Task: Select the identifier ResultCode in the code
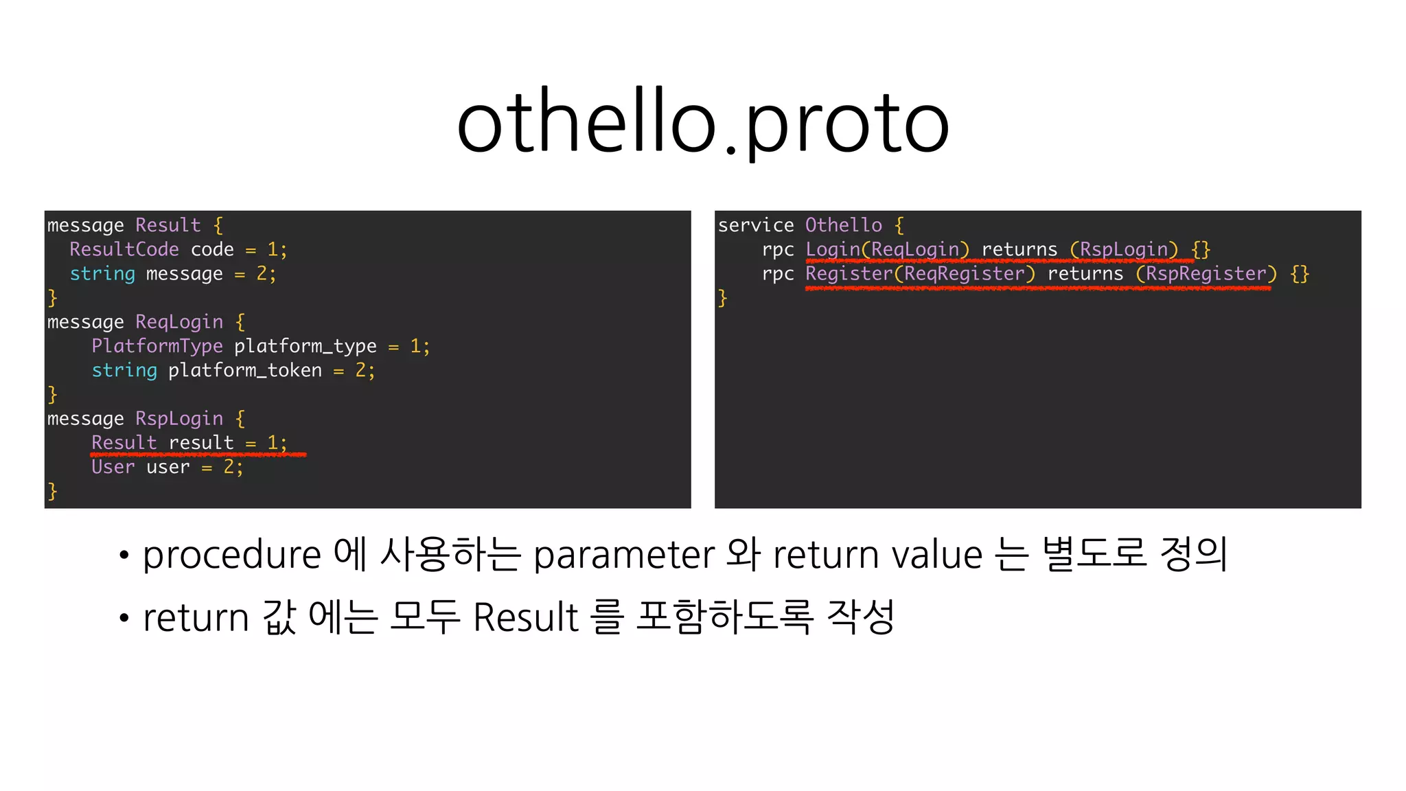coord(124,249)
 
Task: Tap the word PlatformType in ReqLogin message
coord(157,346)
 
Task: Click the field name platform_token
coord(245,371)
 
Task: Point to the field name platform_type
coord(306,346)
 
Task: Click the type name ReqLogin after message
coord(179,322)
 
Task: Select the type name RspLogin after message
coord(179,419)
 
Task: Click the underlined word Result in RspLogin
coord(124,443)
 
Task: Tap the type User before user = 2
coord(113,468)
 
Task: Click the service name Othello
coord(844,225)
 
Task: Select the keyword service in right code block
coord(756,225)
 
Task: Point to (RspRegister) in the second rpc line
coord(1206,274)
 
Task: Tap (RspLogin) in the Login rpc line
coord(1124,249)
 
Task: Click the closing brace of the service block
coord(722,298)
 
